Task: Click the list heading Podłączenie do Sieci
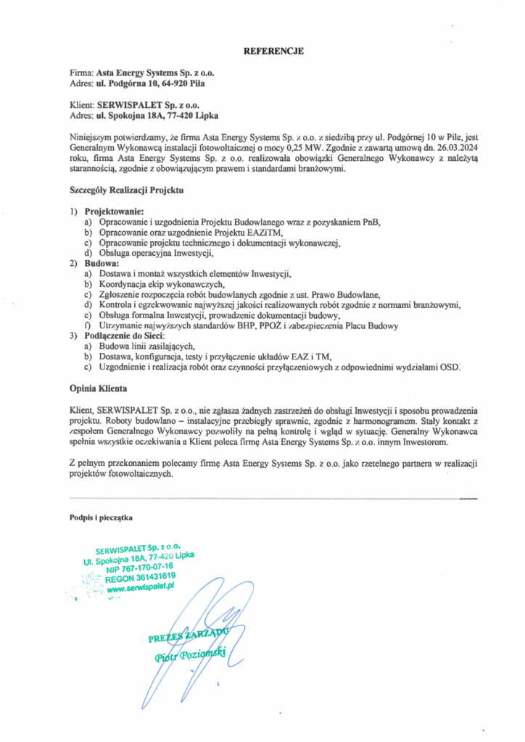tap(125, 337)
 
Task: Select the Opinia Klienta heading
tap(98, 388)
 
